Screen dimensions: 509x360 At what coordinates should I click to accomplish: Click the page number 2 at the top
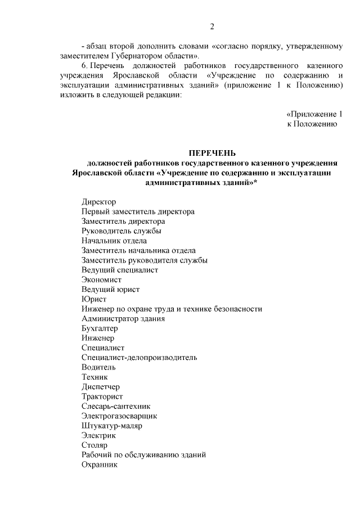[x=212, y=26]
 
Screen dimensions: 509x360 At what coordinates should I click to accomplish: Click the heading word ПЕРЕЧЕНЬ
[x=212, y=153]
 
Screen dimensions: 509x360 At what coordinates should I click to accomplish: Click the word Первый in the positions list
[x=96, y=211]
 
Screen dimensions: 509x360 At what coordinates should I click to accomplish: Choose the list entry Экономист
[x=101, y=280]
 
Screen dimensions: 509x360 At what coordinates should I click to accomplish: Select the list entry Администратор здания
[x=123, y=318]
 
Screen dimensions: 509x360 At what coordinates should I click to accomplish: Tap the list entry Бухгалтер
[x=100, y=328]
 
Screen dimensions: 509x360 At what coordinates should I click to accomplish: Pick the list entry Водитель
[x=98, y=367]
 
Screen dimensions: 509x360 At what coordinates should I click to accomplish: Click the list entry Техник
[x=94, y=377]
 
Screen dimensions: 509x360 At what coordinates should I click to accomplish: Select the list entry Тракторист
[x=101, y=397]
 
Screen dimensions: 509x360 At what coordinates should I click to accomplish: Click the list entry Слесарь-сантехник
[x=116, y=406]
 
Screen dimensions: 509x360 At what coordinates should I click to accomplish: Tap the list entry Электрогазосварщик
[x=119, y=416]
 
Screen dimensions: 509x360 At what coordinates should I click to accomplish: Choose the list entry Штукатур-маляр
[x=111, y=426]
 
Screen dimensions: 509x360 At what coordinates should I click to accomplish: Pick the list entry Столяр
[x=94, y=445]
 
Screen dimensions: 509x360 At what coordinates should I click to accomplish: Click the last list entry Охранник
[x=99, y=465]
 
